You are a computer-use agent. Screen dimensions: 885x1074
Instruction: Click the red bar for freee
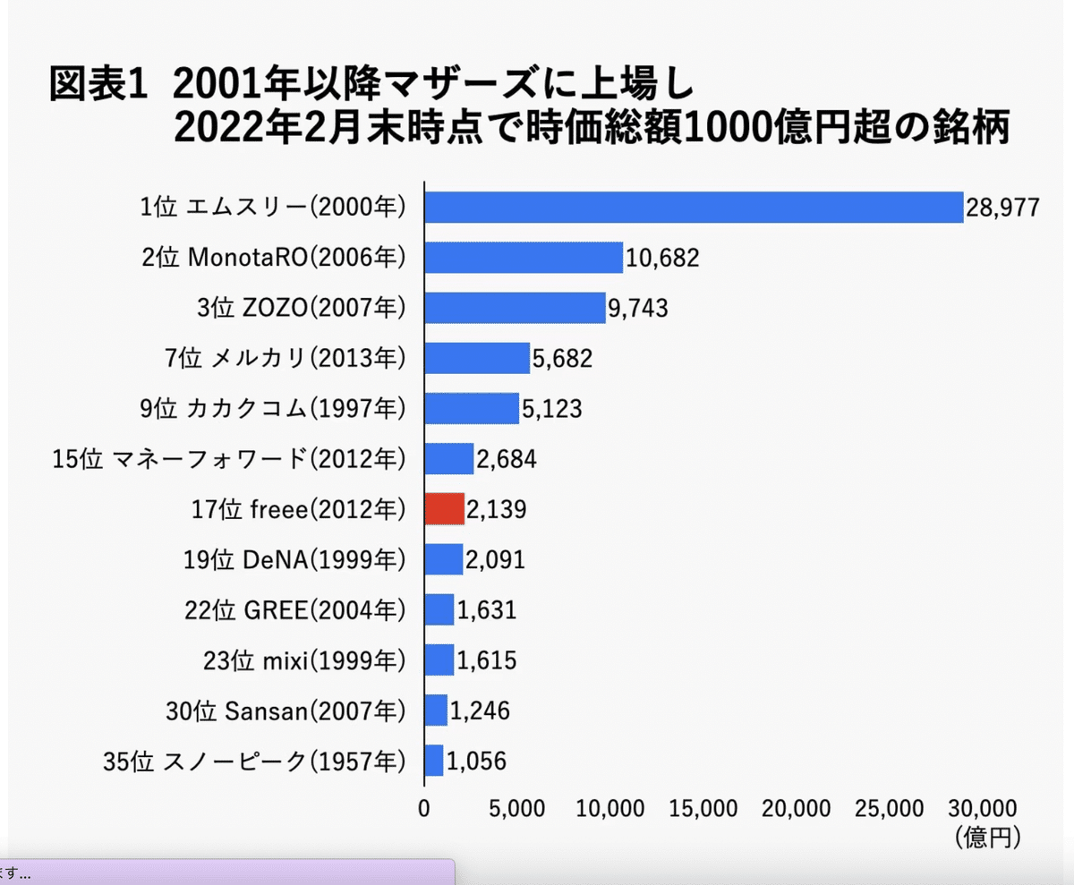(x=444, y=509)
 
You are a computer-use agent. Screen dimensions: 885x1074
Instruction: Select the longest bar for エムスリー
(x=693, y=208)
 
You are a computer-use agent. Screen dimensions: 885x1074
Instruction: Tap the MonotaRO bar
(x=523, y=258)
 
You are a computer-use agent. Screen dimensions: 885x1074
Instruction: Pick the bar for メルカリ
(x=476, y=358)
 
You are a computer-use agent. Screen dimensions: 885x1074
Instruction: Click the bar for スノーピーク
(x=433, y=761)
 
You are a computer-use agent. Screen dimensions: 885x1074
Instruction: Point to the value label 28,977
(x=1002, y=208)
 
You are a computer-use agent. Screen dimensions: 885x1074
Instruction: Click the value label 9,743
(x=638, y=309)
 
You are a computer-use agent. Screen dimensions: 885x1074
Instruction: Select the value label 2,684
(x=507, y=460)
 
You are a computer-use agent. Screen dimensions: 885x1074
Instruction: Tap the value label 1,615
(x=487, y=660)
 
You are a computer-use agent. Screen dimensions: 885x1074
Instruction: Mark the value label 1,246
(x=480, y=711)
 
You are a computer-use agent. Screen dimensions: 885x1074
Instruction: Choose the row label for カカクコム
(x=274, y=409)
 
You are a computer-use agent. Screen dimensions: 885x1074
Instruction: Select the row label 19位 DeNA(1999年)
(x=294, y=560)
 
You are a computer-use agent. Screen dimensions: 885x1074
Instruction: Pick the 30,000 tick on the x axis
(x=988, y=809)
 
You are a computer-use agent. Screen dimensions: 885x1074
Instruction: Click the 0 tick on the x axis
(x=423, y=809)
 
